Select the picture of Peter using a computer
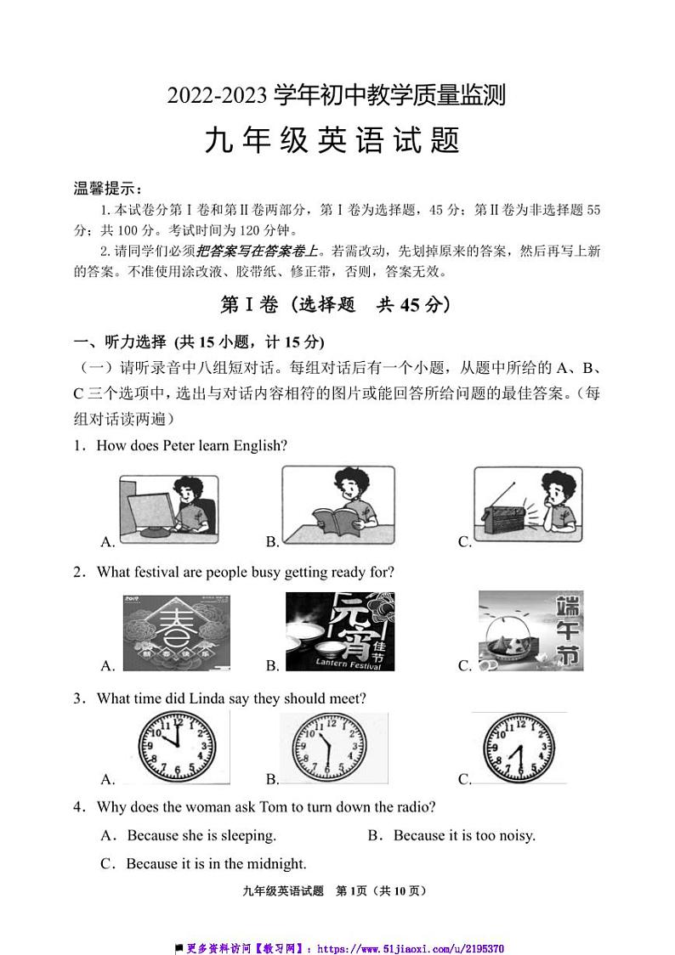tap(168, 508)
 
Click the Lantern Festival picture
tap(339, 631)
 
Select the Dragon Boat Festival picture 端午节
tap(530, 631)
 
